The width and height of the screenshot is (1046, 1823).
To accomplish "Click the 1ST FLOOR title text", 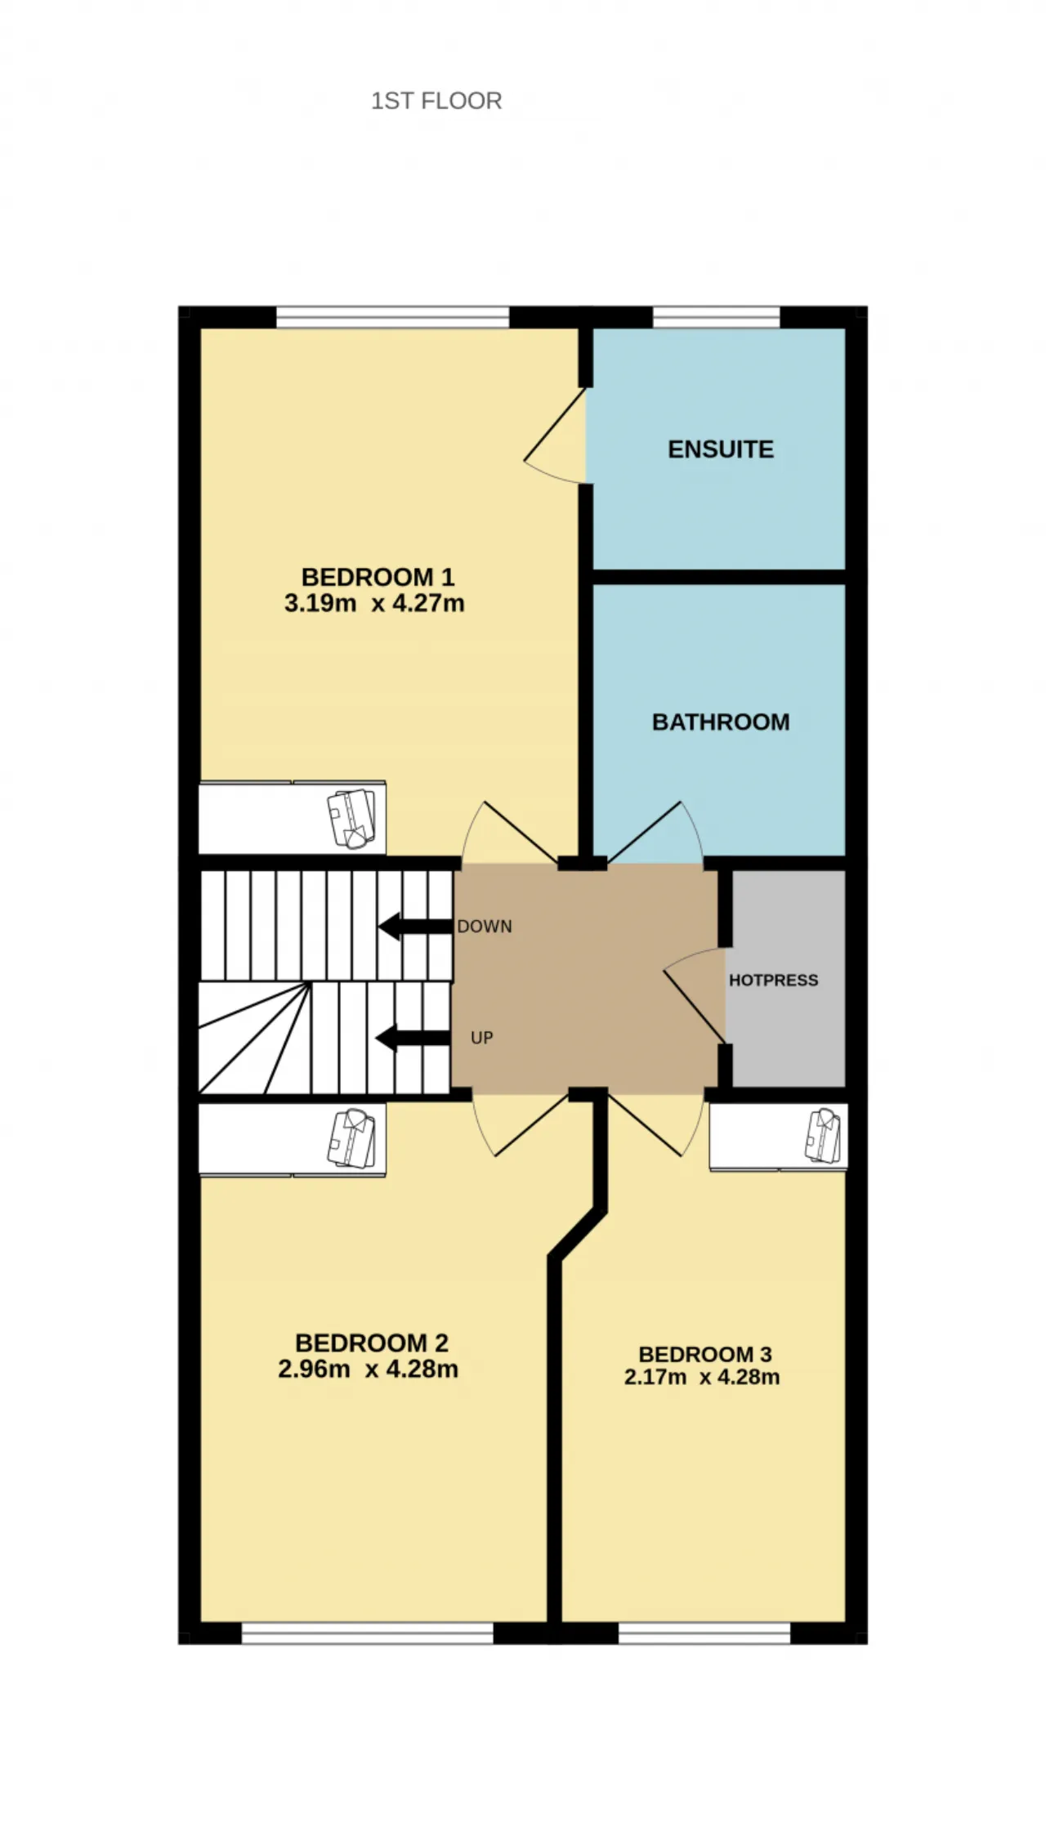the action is tap(436, 101).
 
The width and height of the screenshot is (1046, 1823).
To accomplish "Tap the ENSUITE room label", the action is tap(721, 449).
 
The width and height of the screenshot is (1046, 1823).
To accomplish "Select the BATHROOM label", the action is tap(721, 722).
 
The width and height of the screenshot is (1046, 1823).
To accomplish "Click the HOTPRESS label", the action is tap(773, 980).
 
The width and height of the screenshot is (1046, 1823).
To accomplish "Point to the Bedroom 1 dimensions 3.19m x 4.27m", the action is tap(374, 604).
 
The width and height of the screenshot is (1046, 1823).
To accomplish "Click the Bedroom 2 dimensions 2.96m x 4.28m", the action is tap(368, 1369).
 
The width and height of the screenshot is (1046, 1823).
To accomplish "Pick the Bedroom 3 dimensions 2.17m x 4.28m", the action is tap(702, 1377).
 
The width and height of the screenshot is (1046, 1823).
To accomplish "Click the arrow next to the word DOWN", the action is tap(415, 927).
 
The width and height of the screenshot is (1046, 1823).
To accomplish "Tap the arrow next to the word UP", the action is tap(413, 1039).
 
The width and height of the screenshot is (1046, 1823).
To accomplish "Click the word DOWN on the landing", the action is tap(485, 927).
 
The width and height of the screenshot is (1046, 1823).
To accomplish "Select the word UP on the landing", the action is tap(482, 1038).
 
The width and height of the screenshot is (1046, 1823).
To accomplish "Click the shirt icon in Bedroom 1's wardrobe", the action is tap(351, 818).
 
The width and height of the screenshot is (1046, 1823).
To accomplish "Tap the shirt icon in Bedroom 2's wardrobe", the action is tap(351, 1137).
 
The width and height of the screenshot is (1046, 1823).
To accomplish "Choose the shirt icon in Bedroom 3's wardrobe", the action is tap(823, 1136).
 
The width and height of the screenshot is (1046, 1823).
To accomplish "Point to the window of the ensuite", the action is tap(717, 317).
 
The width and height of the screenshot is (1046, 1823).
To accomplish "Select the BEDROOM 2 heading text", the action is tap(372, 1343).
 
